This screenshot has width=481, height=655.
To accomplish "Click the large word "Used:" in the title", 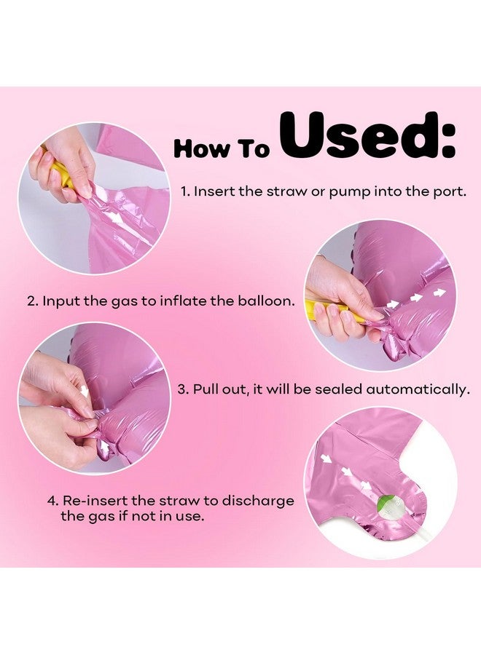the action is coord(368,136).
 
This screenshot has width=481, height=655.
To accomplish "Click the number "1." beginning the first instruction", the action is coord(185,191).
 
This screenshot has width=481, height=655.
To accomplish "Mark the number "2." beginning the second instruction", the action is coord(33,301).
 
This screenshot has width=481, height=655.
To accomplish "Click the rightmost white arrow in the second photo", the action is coord(439,293).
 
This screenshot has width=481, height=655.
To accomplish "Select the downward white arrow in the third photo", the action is coord(85,392).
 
